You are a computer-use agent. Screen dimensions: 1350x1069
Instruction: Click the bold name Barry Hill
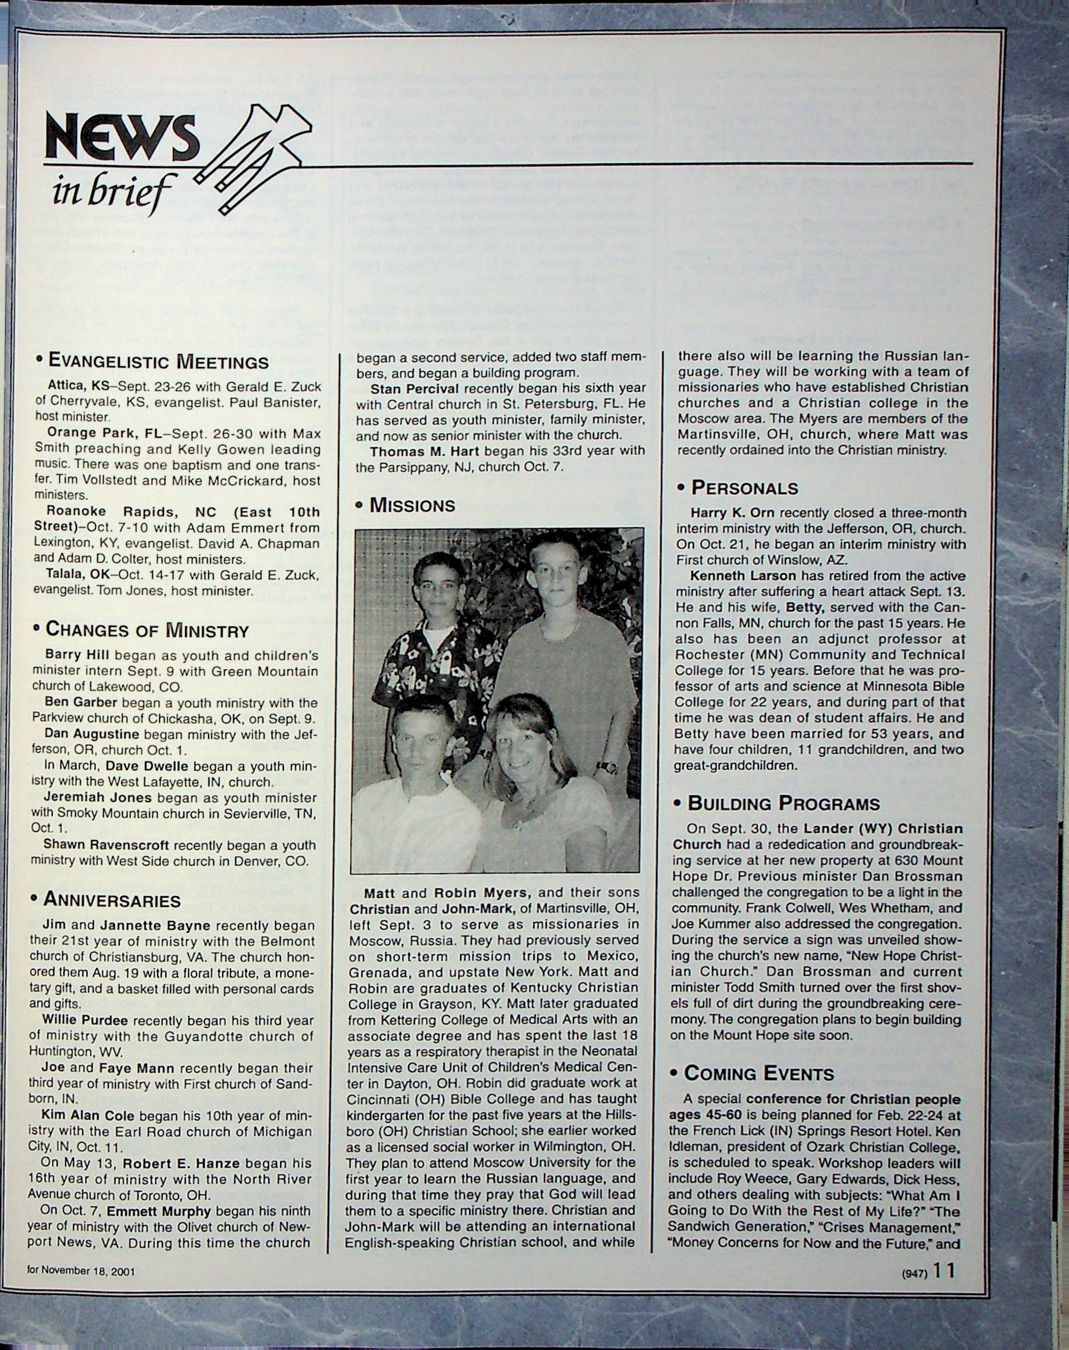(x=77, y=655)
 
